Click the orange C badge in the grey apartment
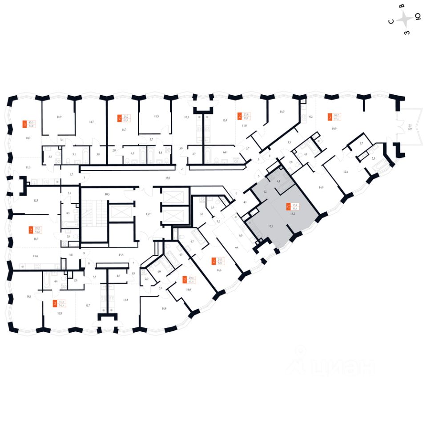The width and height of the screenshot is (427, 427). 289,206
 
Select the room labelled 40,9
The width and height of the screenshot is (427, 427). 334,129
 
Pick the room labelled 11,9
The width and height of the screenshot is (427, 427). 59,117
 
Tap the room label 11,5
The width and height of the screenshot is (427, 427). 156,117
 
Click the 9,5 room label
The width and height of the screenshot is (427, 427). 237,248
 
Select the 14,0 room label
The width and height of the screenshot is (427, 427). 282,112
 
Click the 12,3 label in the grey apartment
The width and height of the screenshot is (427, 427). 270,226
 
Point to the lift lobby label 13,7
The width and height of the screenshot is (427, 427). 149,214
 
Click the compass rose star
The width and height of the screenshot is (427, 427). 405,19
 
